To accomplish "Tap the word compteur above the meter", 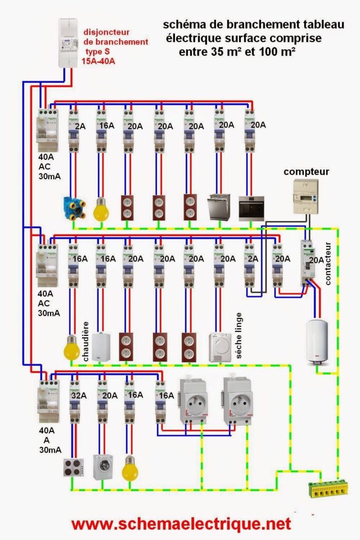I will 306,171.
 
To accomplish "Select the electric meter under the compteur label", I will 306,197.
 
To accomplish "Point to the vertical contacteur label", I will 328,263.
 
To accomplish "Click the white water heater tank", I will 316,341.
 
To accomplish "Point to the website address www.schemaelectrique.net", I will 181,524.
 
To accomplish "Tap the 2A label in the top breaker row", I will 80,126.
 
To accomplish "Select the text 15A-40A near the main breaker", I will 99,61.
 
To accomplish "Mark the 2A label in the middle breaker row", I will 253,259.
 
